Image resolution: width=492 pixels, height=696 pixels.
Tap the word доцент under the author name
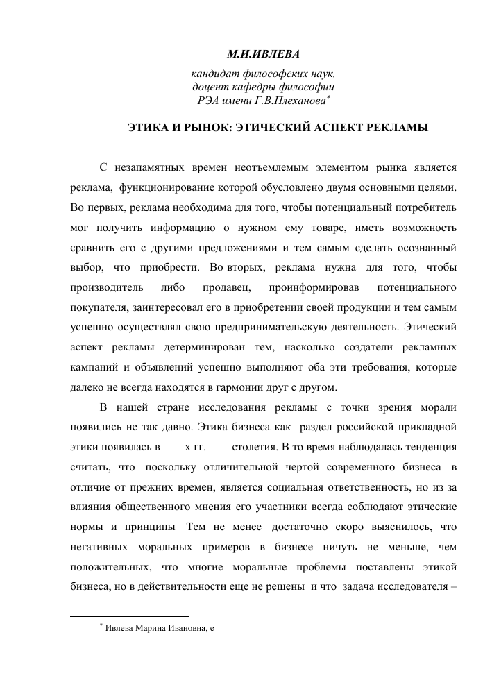(212, 87)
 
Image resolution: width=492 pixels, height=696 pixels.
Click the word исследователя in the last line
(405, 585)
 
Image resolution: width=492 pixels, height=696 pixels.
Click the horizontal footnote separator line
(130, 616)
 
